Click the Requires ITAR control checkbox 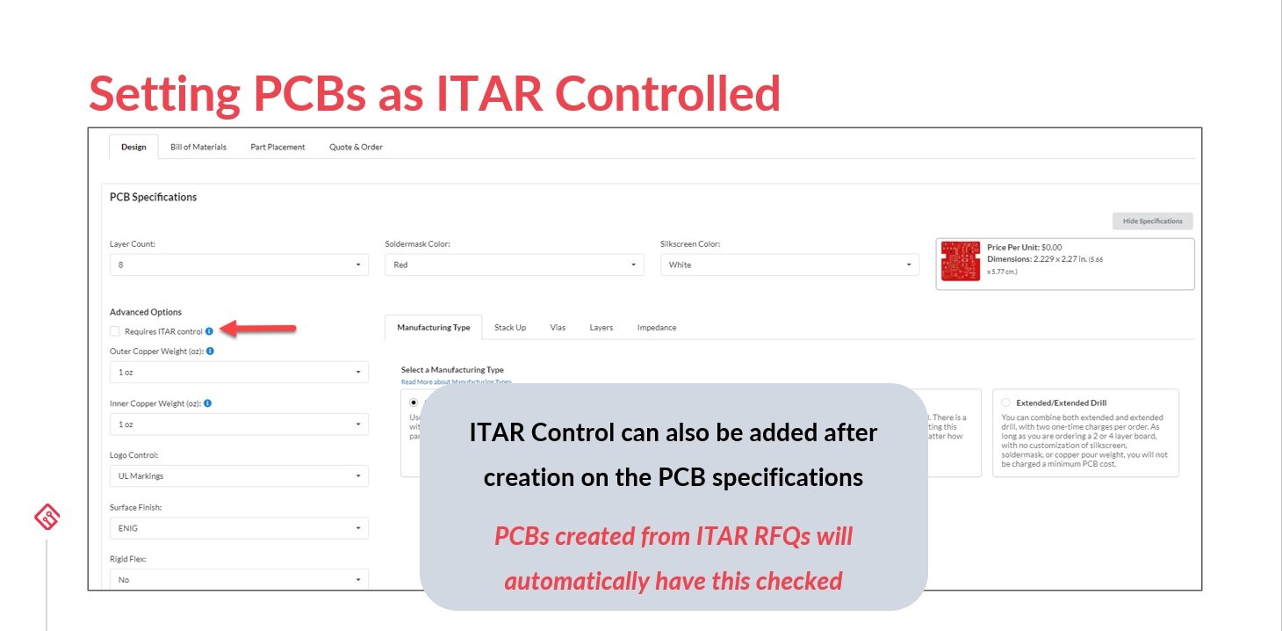click(x=115, y=331)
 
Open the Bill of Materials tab click(x=198, y=147)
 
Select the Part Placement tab click(x=277, y=147)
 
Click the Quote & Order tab click(x=356, y=147)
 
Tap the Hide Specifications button click(x=1152, y=221)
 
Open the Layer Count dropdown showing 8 click(x=239, y=265)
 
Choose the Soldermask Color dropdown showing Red click(x=515, y=265)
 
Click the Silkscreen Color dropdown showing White click(x=789, y=265)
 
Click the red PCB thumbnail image click(x=960, y=262)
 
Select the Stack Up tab click(x=510, y=328)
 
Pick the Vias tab click(x=558, y=328)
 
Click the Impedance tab click(x=657, y=328)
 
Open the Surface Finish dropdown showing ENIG click(x=239, y=528)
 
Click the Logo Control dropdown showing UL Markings click(x=239, y=476)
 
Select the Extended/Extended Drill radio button click(x=1005, y=403)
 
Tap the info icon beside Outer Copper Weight click(x=210, y=351)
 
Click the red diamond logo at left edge click(x=47, y=519)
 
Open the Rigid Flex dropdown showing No click(x=239, y=580)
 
